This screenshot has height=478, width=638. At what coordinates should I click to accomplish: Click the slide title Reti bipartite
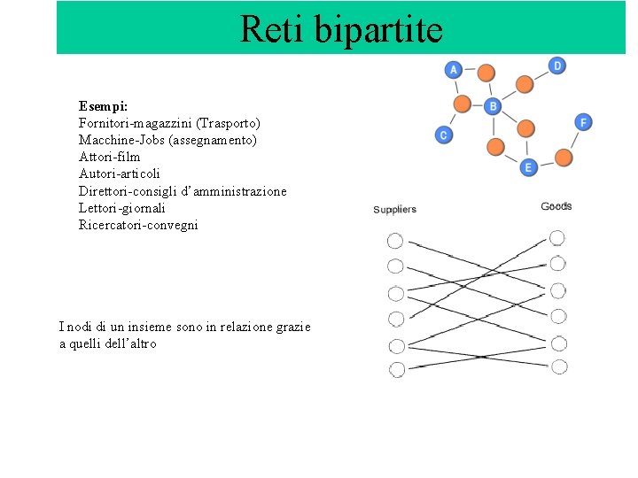(341, 29)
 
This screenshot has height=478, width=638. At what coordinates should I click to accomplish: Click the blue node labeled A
(454, 70)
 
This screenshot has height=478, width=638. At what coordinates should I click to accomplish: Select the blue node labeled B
(493, 107)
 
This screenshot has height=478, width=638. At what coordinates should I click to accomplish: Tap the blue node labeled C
(444, 135)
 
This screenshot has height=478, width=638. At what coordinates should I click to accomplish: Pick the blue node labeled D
(557, 66)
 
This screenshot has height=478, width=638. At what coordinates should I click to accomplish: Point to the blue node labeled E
(528, 166)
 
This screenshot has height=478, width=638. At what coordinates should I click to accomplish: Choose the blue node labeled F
(583, 122)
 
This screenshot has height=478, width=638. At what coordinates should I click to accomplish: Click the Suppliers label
(394, 210)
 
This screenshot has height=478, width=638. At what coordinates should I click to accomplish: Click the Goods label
(556, 206)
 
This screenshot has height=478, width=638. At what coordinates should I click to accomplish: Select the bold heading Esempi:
(103, 105)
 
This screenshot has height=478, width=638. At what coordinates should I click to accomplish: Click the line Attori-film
(109, 157)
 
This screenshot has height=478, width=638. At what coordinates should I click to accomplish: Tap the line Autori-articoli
(120, 173)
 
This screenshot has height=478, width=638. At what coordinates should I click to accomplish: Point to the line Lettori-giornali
(121, 208)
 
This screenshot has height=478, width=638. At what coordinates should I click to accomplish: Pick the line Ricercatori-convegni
(138, 225)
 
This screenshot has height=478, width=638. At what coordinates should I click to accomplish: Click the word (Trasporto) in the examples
(229, 123)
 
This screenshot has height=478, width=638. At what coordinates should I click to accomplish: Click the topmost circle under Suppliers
(395, 241)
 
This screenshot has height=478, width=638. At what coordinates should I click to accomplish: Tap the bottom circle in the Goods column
(559, 366)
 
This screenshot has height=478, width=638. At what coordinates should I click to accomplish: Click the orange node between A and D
(486, 71)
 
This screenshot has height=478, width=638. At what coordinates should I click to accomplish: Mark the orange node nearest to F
(564, 158)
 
